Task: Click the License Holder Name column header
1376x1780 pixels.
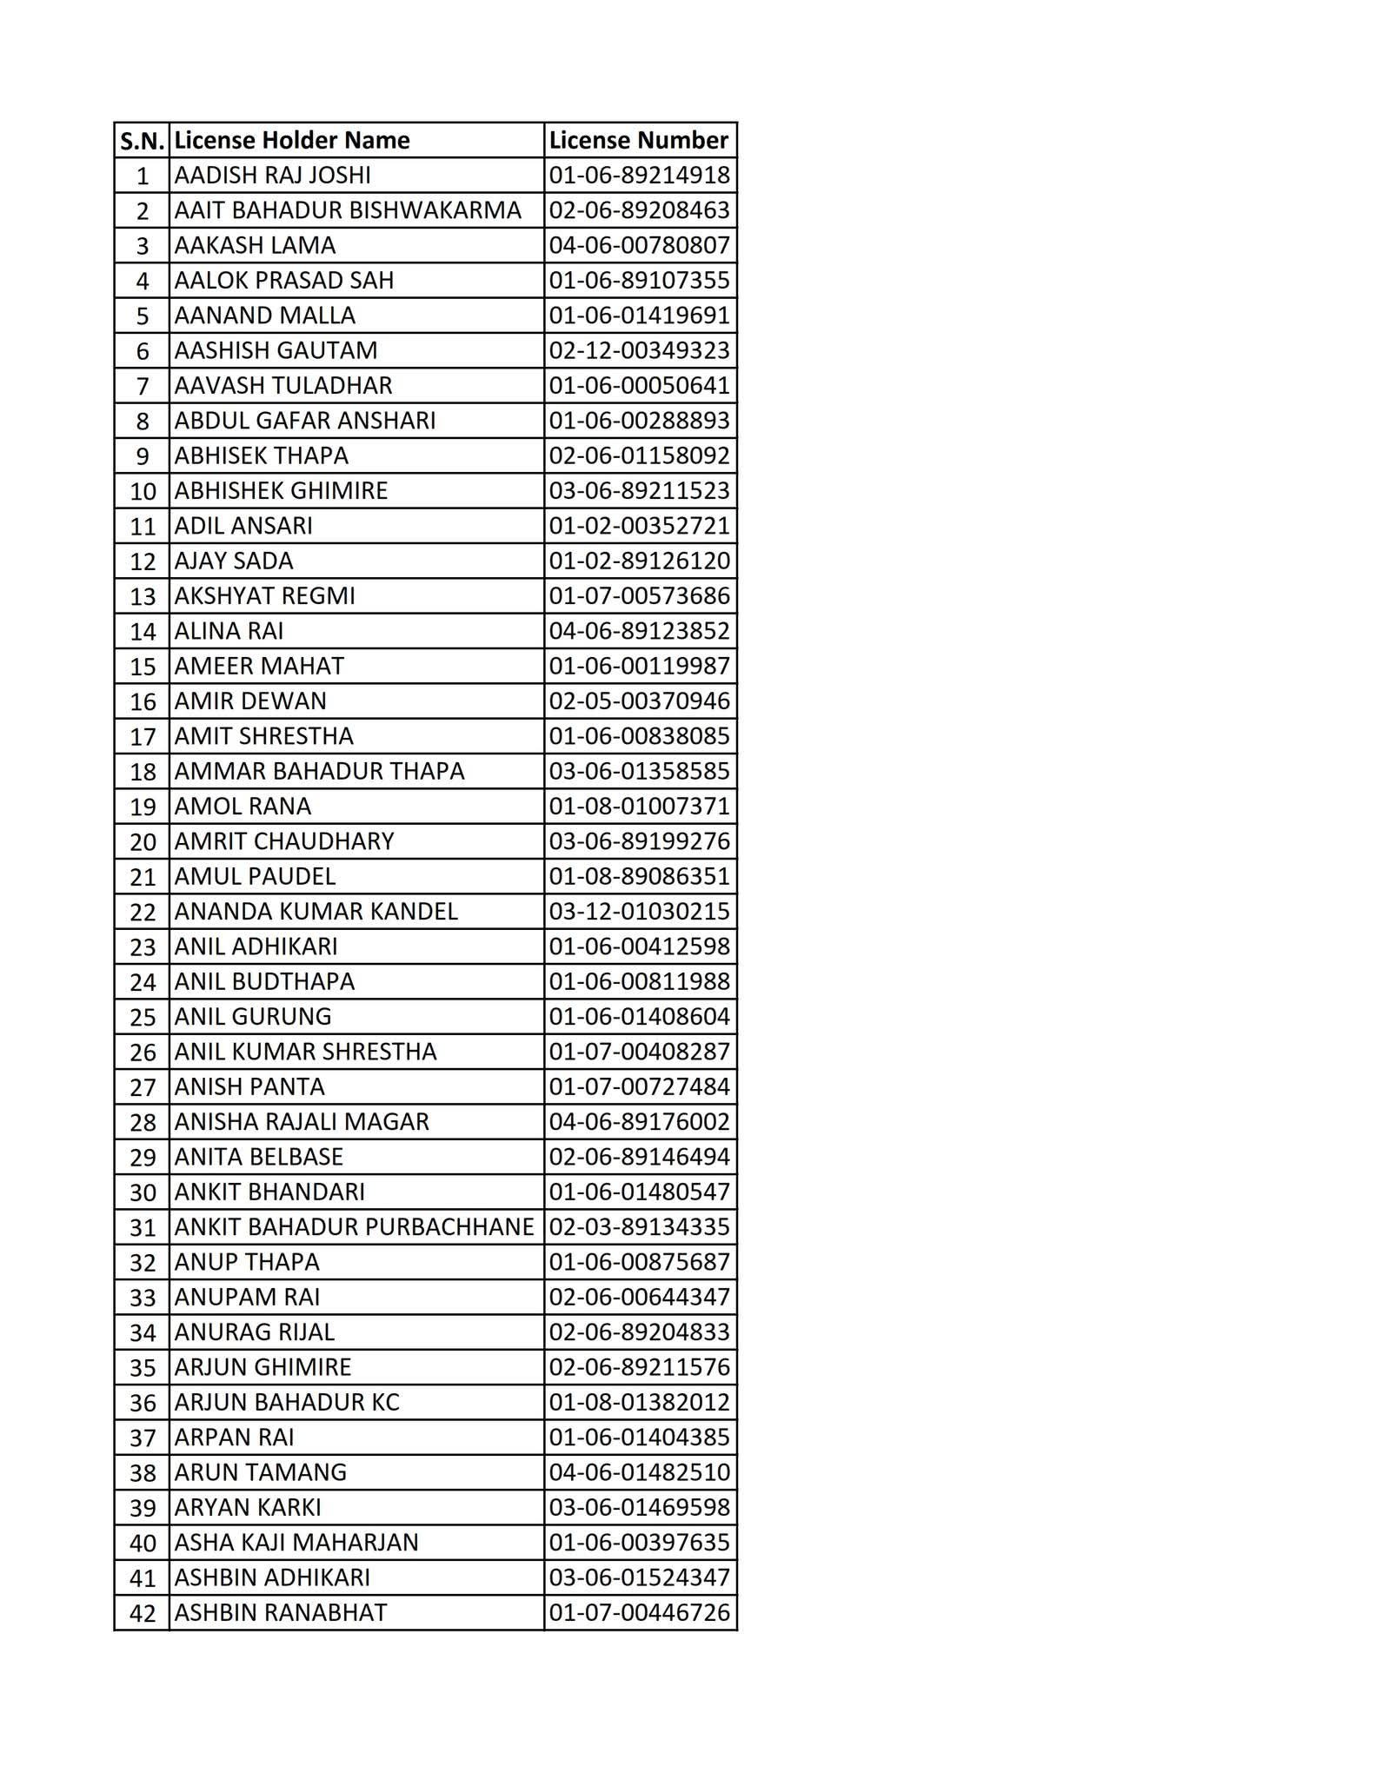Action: (292, 140)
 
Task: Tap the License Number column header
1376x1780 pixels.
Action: (639, 140)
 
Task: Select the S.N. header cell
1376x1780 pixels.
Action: (142, 141)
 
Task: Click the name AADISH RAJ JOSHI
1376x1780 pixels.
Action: (272, 176)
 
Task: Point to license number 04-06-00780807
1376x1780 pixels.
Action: (639, 245)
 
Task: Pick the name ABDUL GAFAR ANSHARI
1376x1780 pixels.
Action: (305, 421)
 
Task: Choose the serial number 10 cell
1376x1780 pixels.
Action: (143, 491)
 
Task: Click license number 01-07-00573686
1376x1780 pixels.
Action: (639, 596)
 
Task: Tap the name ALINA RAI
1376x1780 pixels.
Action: (229, 631)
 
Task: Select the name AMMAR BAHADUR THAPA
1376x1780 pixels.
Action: (319, 771)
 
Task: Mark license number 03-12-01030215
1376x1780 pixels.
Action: (639, 912)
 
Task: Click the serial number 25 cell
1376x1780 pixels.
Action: (143, 1017)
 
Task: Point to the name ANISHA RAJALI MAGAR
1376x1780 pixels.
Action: (302, 1122)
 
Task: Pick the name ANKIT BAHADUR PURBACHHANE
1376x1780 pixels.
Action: (354, 1227)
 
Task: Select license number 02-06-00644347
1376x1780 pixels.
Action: (639, 1297)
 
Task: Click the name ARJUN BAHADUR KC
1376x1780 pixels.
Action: (287, 1402)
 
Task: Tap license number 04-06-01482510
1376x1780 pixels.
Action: (639, 1472)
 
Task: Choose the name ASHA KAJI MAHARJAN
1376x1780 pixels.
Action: (296, 1543)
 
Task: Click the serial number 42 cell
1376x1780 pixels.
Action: (143, 1613)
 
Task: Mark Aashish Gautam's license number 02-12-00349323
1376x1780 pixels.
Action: (639, 350)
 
